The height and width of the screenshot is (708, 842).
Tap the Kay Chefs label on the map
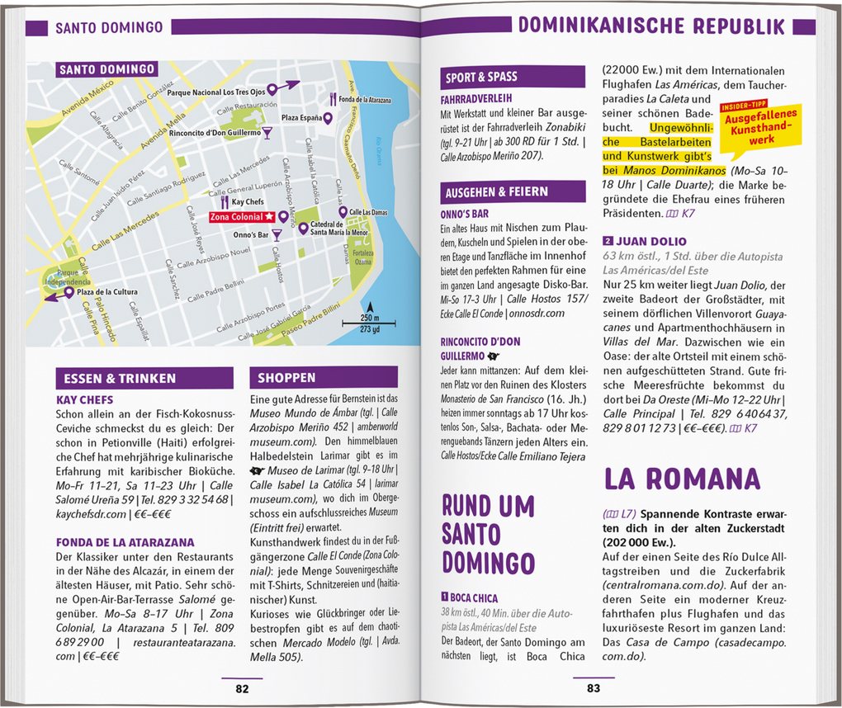tap(248, 202)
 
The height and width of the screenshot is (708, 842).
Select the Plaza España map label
tap(301, 118)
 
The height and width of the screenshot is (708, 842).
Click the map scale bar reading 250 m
tap(370, 319)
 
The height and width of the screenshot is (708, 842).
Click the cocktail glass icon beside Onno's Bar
tap(277, 235)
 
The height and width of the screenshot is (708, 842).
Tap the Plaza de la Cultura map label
tap(107, 292)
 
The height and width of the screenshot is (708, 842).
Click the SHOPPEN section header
tap(286, 378)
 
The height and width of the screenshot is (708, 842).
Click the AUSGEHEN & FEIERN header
tap(497, 191)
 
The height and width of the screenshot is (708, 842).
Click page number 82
tap(242, 689)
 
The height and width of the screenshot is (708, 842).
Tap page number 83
tap(594, 689)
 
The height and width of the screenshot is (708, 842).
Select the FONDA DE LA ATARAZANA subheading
tap(125, 542)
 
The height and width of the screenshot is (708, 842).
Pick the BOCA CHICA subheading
tap(474, 597)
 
